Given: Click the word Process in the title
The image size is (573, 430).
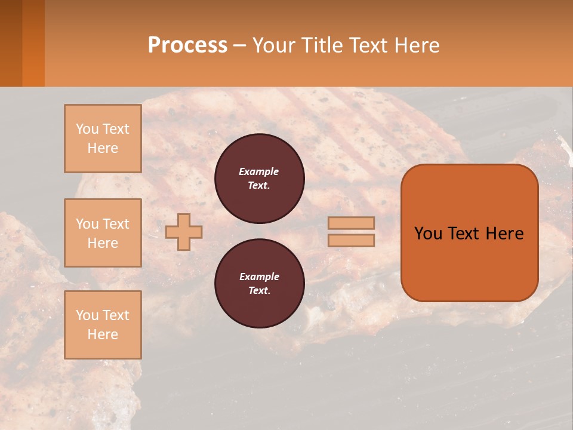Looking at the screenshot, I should (187, 45).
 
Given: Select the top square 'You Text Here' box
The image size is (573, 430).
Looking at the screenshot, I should (103, 139).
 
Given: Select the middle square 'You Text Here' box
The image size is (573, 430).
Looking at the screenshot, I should (103, 233).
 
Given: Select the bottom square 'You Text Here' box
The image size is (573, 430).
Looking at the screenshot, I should (103, 324).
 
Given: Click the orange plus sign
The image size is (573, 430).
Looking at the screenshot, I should (184, 232).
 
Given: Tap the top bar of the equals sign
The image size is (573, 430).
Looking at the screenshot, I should (351, 223).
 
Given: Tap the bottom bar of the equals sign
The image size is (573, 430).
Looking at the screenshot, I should (351, 240).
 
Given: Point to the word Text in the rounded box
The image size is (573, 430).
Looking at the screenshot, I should (463, 234).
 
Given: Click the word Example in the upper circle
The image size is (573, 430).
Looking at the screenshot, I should (258, 171).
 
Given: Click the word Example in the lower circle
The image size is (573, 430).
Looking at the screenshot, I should (259, 277).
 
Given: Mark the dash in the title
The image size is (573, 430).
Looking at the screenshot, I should (239, 45).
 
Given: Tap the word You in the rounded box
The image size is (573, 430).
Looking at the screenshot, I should (428, 234).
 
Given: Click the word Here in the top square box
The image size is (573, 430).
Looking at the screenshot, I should (103, 148).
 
